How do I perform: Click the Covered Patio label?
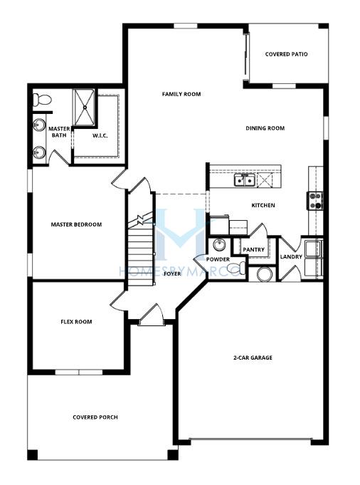click(x=286, y=54)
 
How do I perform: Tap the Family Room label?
click(x=181, y=94)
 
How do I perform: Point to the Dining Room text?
click(x=265, y=128)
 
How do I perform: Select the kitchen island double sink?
click(x=245, y=179)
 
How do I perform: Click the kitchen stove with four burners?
click(x=315, y=201)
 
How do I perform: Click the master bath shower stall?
click(x=84, y=108)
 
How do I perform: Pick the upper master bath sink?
click(x=39, y=125)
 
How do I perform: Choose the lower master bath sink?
click(x=39, y=152)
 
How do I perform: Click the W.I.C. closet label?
click(x=100, y=135)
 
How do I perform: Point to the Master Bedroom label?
click(x=76, y=224)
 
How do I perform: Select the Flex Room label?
click(x=76, y=322)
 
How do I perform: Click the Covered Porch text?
click(x=95, y=417)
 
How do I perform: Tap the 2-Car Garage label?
click(x=253, y=358)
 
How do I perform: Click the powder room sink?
click(x=219, y=245)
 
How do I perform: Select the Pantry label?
click(x=254, y=249)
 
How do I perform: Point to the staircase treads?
click(x=141, y=254)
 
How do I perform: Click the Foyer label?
click(x=172, y=273)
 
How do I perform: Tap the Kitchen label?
click(x=263, y=205)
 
